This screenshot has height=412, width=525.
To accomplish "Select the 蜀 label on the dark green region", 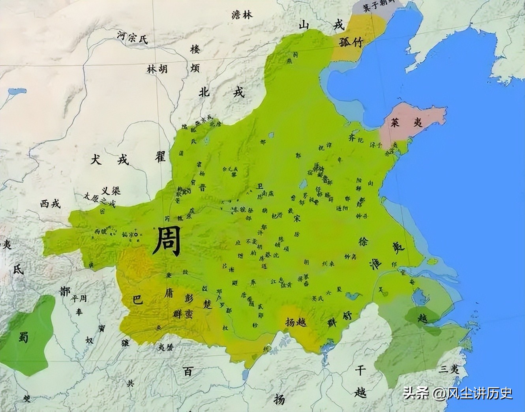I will click(x=23, y=336).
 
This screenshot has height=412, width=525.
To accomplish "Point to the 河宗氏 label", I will click(x=132, y=37).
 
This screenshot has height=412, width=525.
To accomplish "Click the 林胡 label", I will click(x=157, y=69).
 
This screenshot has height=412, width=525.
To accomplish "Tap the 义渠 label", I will click(x=111, y=191).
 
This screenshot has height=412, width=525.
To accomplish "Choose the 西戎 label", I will click(x=50, y=204).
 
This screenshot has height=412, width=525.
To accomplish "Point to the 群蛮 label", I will click(x=183, y=314).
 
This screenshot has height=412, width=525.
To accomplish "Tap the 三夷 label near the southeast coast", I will click(x=450, y=369).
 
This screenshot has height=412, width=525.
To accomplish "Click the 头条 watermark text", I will click(x=416, y=393).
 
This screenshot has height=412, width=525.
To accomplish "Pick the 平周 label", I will click(x=78, y=298).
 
